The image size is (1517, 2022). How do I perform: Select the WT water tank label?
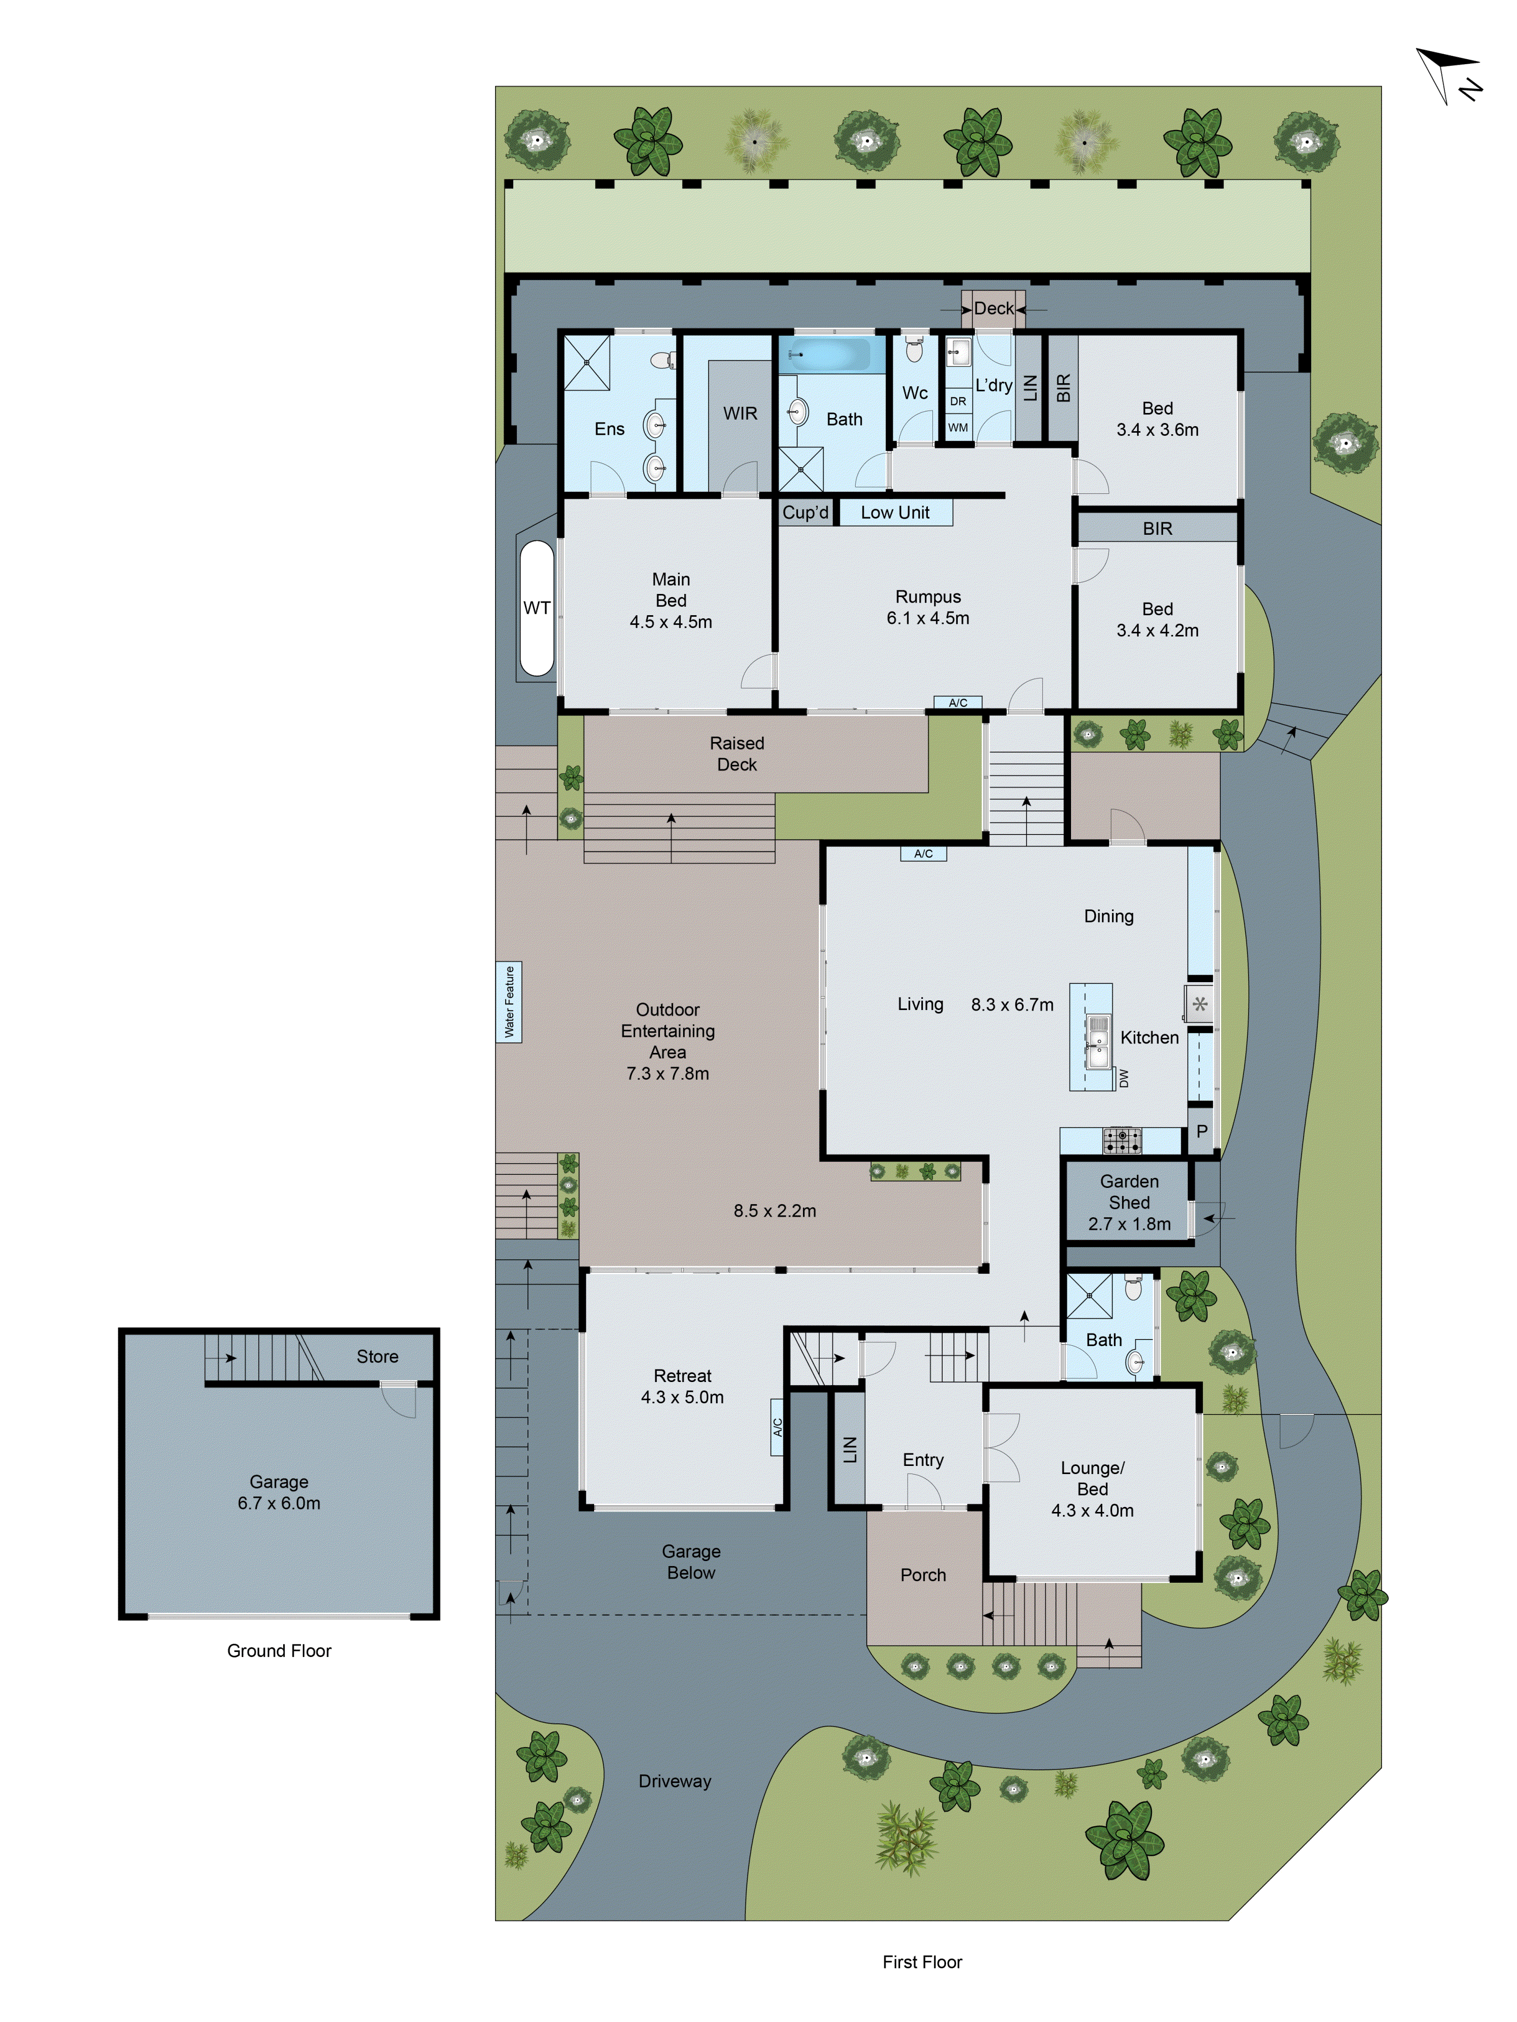537,608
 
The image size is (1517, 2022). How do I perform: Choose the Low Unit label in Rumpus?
895,513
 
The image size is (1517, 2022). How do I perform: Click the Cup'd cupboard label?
805,513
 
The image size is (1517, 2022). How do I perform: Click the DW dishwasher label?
1124,1079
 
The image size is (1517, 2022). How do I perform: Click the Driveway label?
675,1781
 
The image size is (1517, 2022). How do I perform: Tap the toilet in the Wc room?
914,349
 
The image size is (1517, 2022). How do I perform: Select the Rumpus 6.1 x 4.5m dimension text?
927,618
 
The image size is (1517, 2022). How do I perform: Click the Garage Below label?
691,1561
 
